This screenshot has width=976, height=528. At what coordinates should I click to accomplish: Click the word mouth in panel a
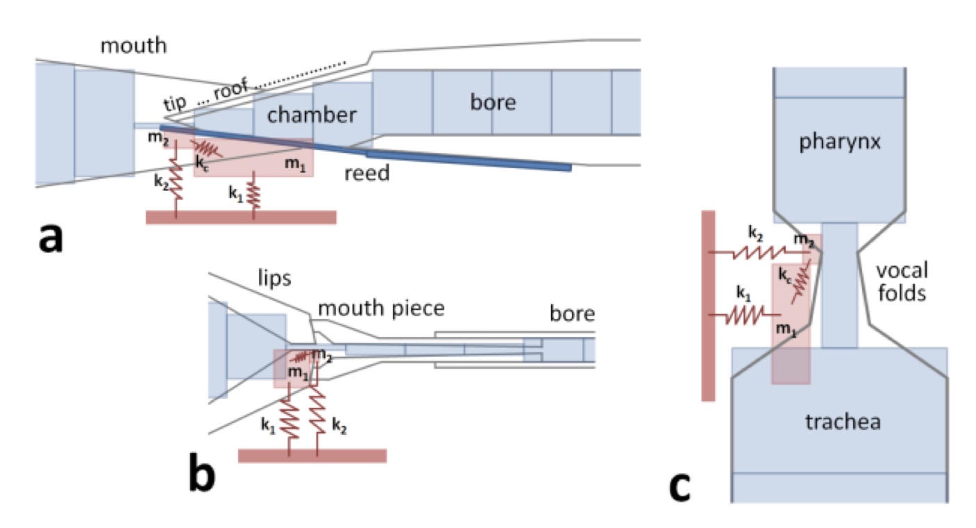pyautogui.click(x=133, y=47)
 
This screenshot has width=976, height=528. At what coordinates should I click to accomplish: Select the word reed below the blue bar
pyautogui.click(x=367, y=173)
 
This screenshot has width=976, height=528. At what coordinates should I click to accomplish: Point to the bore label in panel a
pyautogui.click(x=493, y=102)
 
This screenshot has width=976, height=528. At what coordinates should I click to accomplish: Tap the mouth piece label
pyautogui.click(x=381, y=308)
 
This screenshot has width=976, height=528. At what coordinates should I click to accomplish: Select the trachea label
pyautogui.click(x=839, y=421)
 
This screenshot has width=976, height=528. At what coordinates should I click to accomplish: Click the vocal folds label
pyautogui.click(x=901, y=281)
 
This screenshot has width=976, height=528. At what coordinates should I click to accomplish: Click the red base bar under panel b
pyautogui.click(x=312, y=456)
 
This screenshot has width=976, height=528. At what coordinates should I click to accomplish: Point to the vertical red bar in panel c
pyautogui.click(x=708, y=306)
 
